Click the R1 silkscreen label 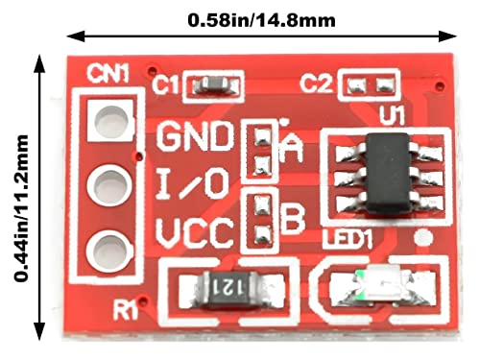127,309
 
